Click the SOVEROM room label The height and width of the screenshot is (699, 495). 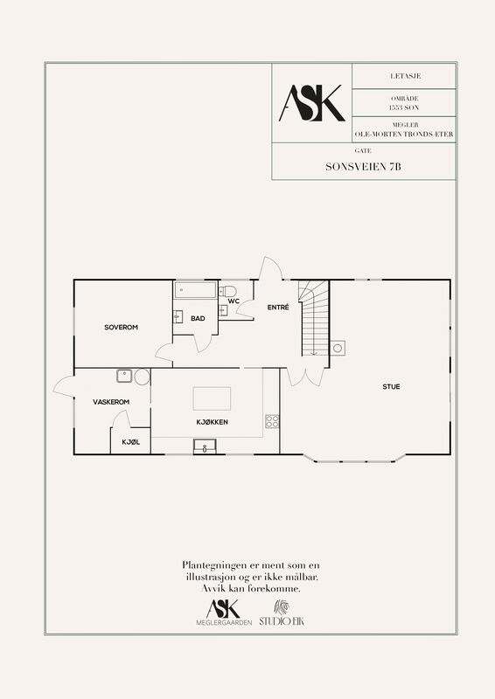(x=121, y=327)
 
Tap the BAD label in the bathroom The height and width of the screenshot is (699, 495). (x=198, y=318)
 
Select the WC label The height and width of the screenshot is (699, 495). (x=234, y=301)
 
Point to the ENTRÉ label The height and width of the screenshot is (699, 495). (x=278, y=308)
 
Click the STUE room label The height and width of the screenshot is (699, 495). (x=391, y=386)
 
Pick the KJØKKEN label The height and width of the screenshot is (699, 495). (x=212, y=422)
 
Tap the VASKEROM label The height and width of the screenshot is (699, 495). (x=111, y=402)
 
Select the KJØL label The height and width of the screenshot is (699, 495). (x=131, y=442)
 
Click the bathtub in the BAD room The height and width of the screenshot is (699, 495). (x=196, y=290)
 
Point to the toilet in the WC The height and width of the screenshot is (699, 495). (x=227, y=292)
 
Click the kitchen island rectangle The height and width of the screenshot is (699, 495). (x=212, y=398)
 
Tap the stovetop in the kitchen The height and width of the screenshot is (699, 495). (x=272, y=421)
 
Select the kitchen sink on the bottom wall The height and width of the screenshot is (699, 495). (x=205, y=446)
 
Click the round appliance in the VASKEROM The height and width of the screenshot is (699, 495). (x=142, y=377)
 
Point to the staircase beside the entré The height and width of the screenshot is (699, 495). (x=314, y=318)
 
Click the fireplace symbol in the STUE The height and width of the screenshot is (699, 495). (x=338, y=348)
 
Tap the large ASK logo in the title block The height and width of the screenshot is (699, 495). (x=312, y=103)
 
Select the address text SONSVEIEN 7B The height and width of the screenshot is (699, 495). (x=363, y=167)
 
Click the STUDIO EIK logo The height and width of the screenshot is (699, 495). (x=282, y=612)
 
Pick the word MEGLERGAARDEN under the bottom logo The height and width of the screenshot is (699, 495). (x=224, y=622)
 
